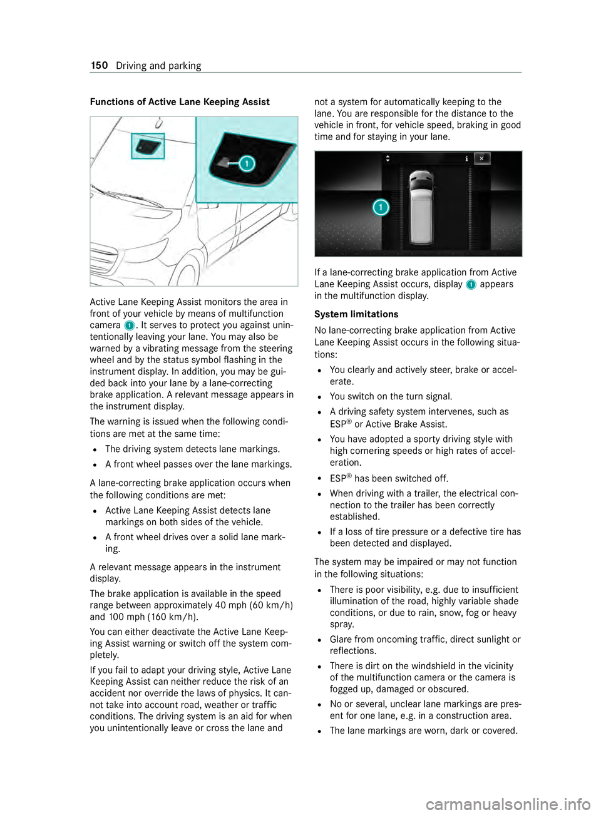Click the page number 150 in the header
tap(99, 66)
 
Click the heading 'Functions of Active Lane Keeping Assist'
tap(180, 102)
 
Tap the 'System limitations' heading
tap(356, 314)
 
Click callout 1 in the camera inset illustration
tap(247, 164)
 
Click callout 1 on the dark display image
tap(381, 207)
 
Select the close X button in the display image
tap(481, 158)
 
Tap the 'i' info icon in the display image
tap(466, 158)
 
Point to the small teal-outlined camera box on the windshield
tap(148, 146)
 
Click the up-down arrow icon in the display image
tap(388, 158)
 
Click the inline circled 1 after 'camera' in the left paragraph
tap(129, 325)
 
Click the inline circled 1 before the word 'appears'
tap(471, 285)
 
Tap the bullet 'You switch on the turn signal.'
tap(391, 396)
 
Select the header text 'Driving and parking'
tap(158, 66)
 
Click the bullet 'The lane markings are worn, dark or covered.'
tap(423, 730)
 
